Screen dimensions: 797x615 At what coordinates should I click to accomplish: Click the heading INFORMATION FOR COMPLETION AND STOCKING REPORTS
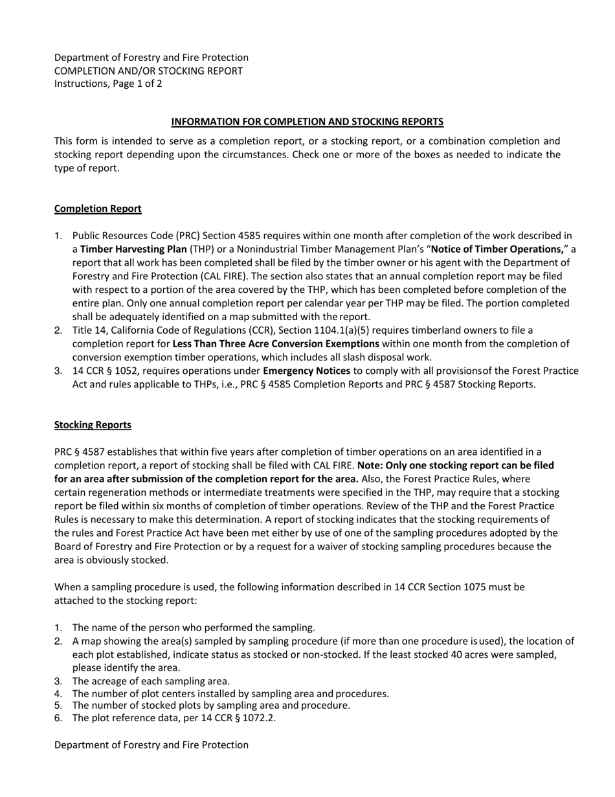click(x=307, y=122)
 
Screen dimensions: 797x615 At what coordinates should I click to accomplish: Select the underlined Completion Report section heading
click(x=98, y=209)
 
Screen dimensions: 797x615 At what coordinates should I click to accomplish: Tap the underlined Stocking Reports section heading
click(x=93, y=425)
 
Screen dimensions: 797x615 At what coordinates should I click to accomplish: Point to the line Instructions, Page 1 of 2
click(x=108, y=84)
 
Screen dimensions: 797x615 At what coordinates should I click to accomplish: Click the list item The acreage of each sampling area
click(x=151, y=681)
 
